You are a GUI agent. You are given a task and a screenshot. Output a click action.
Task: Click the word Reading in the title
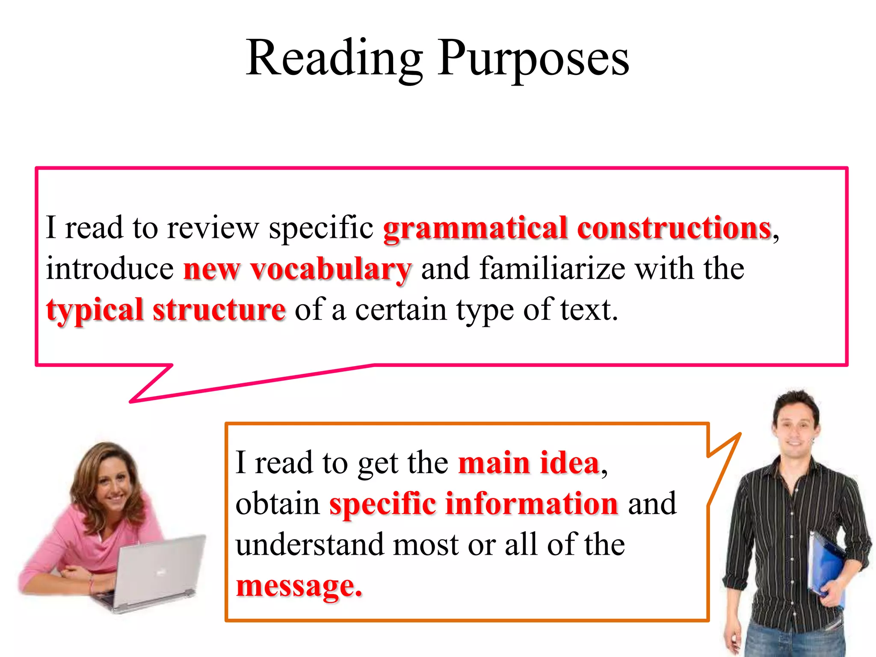pos(334,58)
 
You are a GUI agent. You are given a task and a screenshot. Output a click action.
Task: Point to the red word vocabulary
pos(331,269)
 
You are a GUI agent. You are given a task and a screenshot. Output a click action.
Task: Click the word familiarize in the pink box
pos(552,269)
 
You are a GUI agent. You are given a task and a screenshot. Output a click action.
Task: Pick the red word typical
pos(95,310)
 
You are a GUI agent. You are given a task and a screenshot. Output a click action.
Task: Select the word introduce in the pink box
pos(110,269)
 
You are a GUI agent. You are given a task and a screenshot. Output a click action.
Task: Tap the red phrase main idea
pos(529,463)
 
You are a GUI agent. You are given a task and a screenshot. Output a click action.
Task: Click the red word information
pos(532,503)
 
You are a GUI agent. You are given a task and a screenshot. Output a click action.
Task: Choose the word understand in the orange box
pos(310,545)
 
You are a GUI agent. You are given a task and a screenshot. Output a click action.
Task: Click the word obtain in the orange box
pos(277,503)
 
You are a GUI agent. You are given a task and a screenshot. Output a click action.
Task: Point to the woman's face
pos(113,483)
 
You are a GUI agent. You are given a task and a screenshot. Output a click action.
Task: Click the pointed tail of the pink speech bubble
pos(141,396)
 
